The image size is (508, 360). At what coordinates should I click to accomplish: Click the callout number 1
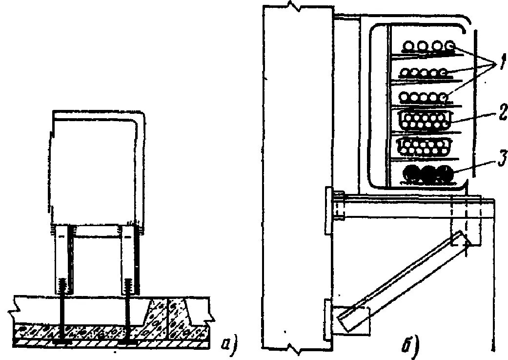499,64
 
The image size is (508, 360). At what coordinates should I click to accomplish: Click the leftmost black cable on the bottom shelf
411,173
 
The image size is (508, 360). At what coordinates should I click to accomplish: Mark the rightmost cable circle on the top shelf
450,46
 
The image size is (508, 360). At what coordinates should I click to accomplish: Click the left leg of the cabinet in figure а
63,259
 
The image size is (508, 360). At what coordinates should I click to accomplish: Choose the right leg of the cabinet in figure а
129,259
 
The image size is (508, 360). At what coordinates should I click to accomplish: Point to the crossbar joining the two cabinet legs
96,233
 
